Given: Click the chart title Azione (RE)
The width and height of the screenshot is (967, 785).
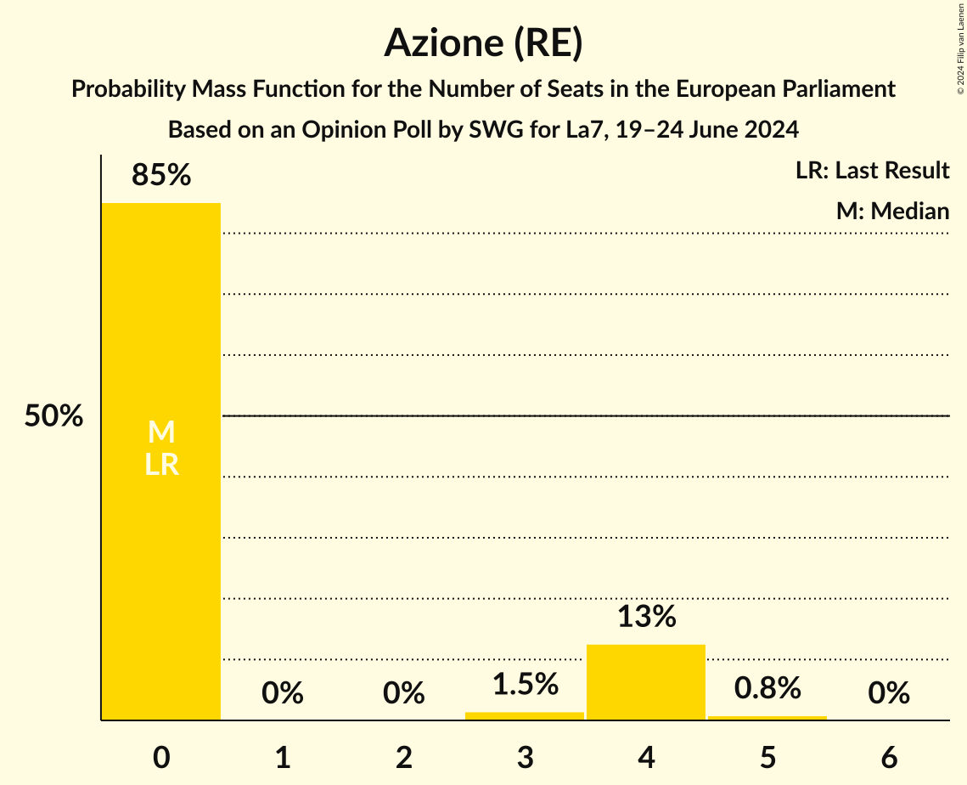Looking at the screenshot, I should (483, 43).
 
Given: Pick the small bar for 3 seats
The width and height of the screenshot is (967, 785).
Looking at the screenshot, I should (525, 715).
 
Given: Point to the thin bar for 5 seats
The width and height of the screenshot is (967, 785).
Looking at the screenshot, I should (767, 718).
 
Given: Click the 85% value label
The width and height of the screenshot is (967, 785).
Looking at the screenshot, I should (161, 176).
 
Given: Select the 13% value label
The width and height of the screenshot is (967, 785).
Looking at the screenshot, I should (646, 617).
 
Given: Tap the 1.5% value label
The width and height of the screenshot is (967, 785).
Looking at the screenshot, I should (525, 684).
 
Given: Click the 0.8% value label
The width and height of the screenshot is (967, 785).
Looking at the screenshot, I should (767, 688).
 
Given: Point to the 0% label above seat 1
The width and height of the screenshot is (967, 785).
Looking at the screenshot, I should (283, 693).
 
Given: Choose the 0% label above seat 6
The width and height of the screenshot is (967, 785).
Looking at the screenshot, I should (889, 693).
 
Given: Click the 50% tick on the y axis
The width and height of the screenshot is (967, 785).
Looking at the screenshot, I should (53, 416).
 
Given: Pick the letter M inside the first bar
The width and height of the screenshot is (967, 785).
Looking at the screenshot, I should (161, 433).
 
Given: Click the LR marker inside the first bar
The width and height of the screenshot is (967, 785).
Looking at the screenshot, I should (161, 465).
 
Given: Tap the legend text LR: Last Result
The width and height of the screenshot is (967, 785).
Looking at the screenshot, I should (872, 171).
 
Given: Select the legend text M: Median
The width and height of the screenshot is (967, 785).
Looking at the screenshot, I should (892, 211).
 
